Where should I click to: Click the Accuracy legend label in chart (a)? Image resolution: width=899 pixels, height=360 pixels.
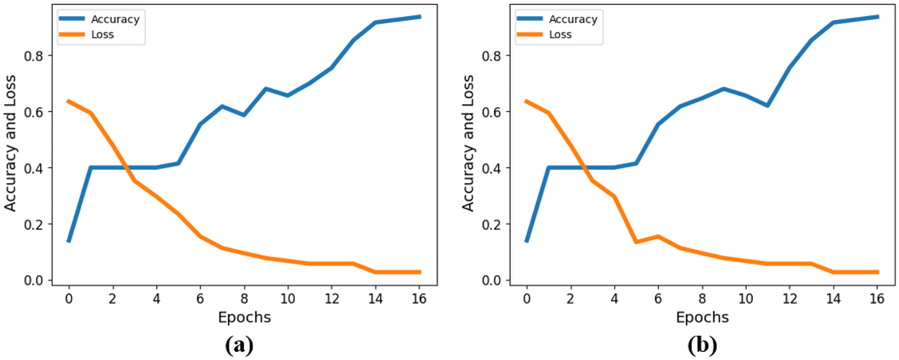(x=115, y=19)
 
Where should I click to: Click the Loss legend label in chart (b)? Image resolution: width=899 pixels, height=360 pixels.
(x=560, y=35)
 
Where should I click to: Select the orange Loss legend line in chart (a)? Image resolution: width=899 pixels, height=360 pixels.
(x=72, y=35)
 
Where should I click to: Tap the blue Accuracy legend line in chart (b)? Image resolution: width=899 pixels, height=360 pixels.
(x=529, y=19)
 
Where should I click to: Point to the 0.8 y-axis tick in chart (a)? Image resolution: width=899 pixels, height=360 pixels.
(x=34, y=55)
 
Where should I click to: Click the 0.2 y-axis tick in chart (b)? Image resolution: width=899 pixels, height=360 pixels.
(x=492, y=224)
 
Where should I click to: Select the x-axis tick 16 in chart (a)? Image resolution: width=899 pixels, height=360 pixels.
(x=419, y=299)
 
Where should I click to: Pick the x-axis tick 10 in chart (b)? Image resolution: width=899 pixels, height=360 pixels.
(x=746, y=299)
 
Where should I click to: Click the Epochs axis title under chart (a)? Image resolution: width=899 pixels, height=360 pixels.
(x=244, y=317)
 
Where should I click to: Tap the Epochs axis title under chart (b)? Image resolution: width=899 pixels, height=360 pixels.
(x=702, y=317)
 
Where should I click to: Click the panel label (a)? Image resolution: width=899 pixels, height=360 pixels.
(x=239, y=345)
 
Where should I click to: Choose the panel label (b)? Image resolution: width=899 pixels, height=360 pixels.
(x=702, y=345)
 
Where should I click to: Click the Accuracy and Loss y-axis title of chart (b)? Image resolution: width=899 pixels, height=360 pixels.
(x=468, y=143)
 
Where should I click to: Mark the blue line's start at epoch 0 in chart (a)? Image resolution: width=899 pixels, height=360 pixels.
(x=69, y=241)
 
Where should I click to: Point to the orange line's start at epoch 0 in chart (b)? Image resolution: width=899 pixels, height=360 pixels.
(x=527, y=101)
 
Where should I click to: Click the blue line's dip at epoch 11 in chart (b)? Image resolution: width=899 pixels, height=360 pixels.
(x=767, y=106)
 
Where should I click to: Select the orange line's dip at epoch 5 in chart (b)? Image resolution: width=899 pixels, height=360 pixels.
(x=636, y=242)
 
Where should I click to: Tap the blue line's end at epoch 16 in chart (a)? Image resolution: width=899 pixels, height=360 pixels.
(x=420, y=17)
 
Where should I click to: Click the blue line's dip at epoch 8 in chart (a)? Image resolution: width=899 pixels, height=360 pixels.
(x=244, y=115)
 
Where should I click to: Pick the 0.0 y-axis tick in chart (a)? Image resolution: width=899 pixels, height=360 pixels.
(x=34, y=280)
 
